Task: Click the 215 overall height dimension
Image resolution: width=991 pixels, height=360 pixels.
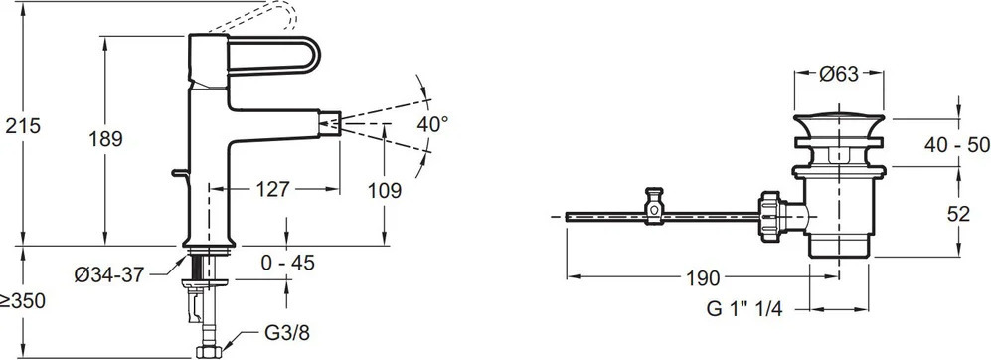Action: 23,126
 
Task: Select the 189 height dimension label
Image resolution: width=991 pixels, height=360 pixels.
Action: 105,139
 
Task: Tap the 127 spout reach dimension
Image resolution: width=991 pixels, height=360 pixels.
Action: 273,189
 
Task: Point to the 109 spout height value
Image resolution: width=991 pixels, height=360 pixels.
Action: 385,190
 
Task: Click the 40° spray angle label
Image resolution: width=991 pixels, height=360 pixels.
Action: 432,124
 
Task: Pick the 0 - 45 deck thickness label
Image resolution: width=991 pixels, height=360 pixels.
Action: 287,262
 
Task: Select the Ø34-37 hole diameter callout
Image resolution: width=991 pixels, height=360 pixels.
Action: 109,275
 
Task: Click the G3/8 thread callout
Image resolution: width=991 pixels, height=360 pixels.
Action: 287,333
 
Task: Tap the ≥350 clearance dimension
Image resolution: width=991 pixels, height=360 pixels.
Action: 23,301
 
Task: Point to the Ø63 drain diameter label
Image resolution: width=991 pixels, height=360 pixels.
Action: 839,74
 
